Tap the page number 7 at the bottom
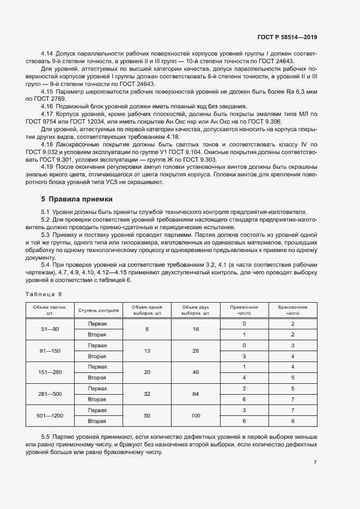coord(315,463)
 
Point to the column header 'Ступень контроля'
coord(99,311)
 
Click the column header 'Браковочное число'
coord(292,310)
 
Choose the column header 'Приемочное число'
coord(244,310)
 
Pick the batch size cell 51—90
coord(50,329)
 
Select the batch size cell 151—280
coord(50,372)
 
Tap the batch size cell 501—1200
coord(50,415)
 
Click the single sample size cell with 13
coord(147,351)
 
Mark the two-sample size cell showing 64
coord(196,394)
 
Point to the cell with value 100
coord(196,415)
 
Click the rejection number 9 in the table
coord(292,421)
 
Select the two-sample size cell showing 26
coord(196,351)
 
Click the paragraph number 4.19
coord(47,166)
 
